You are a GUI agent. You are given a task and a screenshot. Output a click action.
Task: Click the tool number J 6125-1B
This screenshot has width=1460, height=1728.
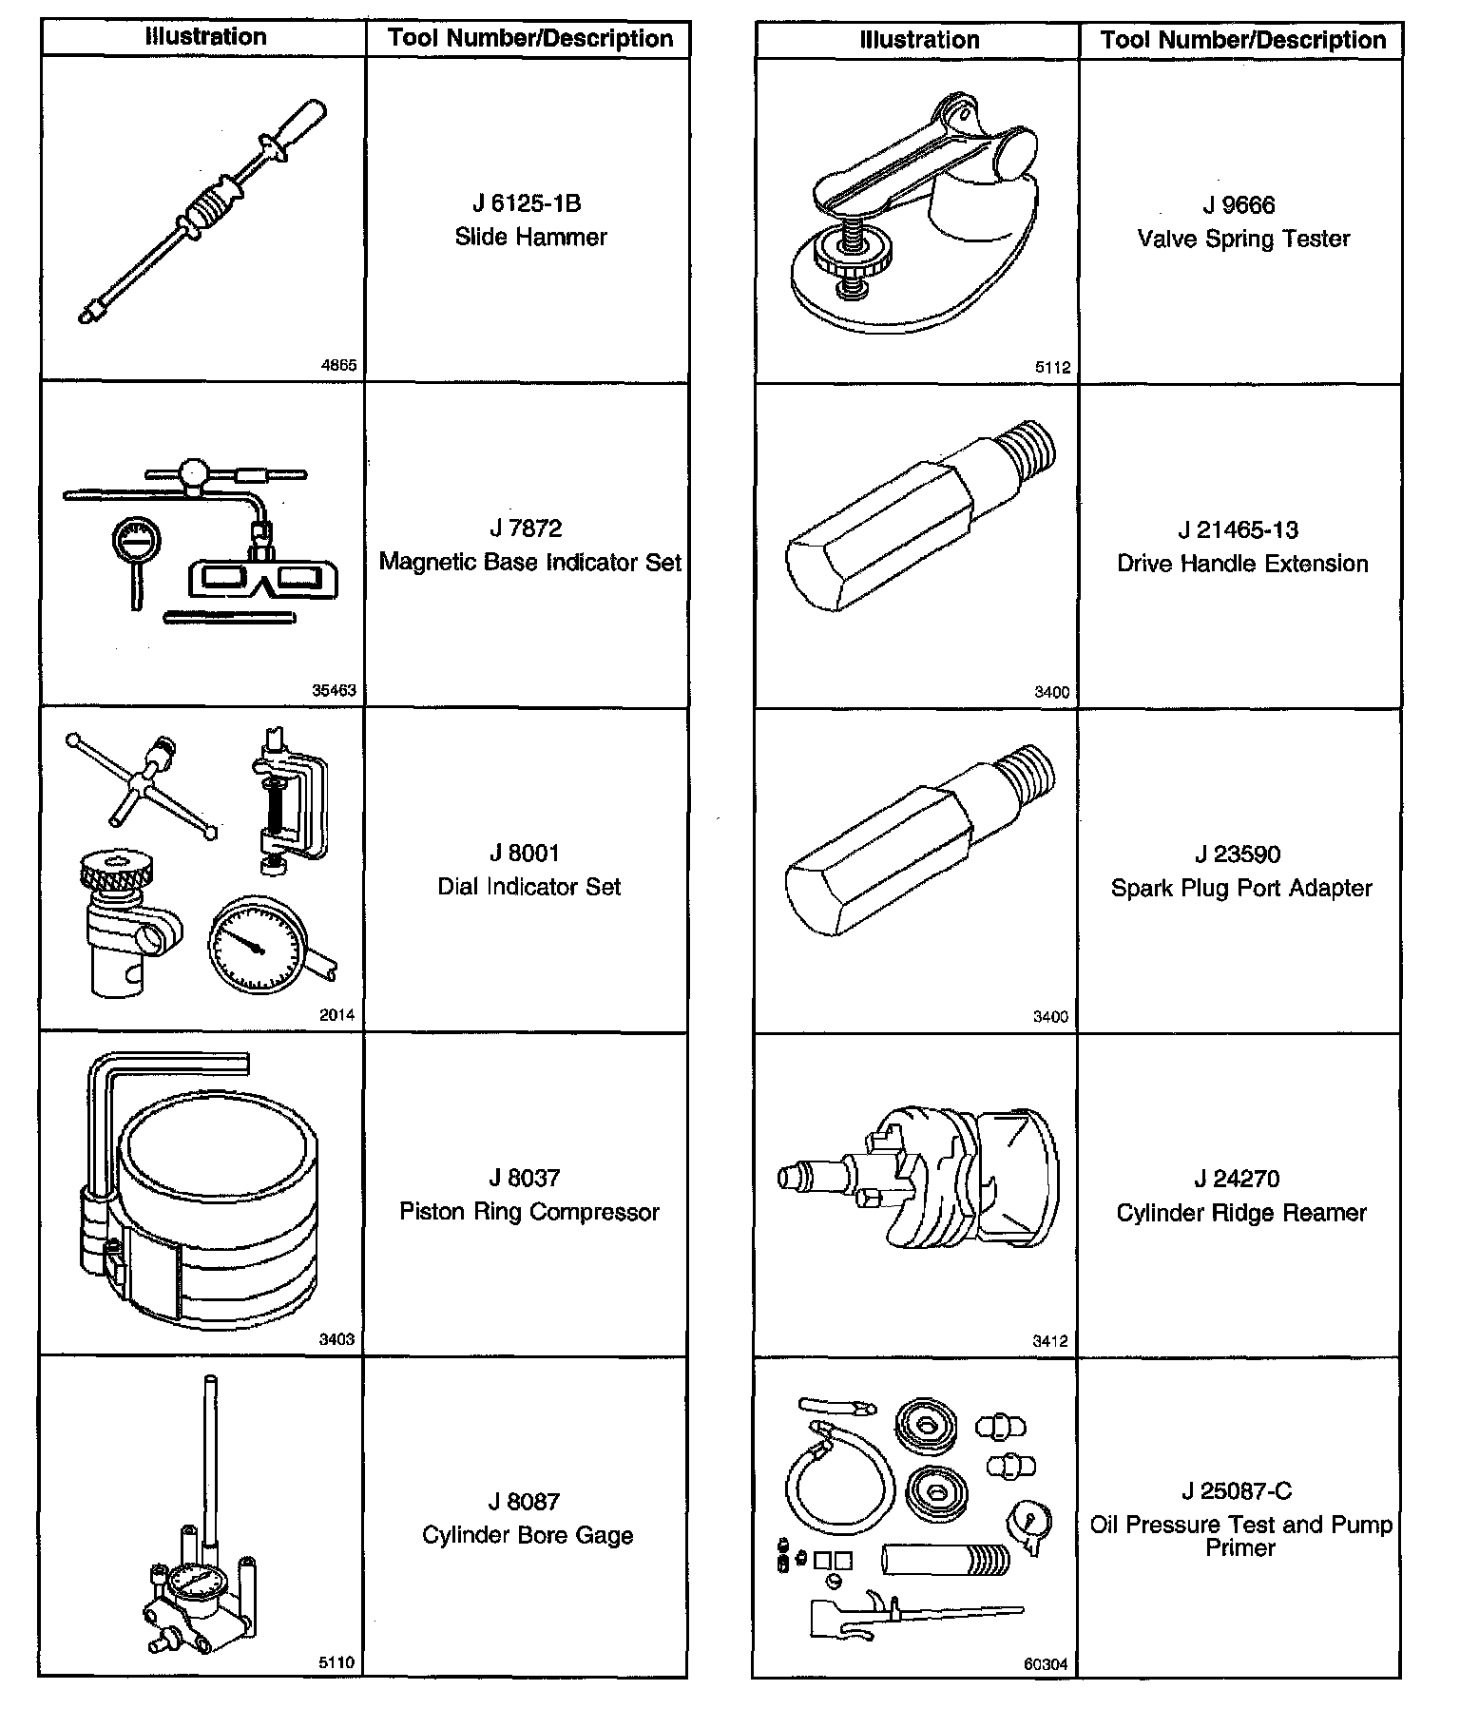coord(527,203)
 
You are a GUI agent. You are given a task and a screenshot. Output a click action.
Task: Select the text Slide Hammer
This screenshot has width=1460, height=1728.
coord(530,237)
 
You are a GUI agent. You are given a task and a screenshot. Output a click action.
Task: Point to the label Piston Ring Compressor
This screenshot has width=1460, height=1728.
coord(528,1212)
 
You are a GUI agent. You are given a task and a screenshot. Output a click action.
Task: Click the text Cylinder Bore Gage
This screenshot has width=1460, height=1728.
coord(528,1535)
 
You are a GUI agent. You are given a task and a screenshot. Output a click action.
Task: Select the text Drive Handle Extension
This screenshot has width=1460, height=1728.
coord(1242,564)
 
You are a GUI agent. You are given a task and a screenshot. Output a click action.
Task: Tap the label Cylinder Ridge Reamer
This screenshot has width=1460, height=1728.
coord(1241,1213)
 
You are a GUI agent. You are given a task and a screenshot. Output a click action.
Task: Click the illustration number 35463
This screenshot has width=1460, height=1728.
coord(334,691)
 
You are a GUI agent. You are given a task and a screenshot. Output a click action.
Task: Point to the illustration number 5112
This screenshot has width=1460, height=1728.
coord(1052,368)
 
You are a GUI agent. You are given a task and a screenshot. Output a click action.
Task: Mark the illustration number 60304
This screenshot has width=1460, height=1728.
coord(1046,1664)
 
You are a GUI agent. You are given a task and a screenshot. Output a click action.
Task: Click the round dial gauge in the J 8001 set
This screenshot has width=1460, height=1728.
coord(254,941)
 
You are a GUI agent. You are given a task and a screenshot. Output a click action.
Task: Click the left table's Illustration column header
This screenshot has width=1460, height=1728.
coord(205,38)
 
